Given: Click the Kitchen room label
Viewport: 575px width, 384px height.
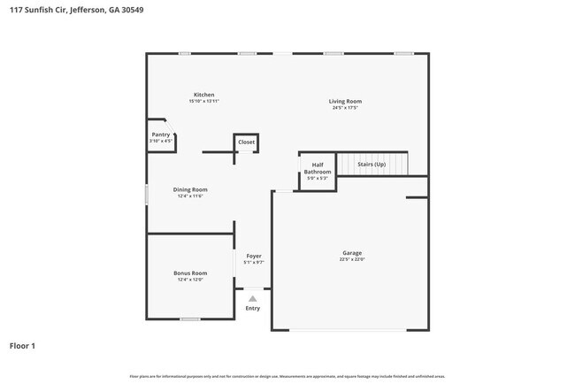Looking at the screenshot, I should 204,95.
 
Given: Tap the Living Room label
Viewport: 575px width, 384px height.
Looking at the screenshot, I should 347,101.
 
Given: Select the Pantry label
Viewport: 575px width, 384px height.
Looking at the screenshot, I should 160,134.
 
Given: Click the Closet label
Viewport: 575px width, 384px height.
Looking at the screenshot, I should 246,142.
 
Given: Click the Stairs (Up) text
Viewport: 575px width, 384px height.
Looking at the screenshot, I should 371,165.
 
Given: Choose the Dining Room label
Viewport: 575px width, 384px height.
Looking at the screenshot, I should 190,189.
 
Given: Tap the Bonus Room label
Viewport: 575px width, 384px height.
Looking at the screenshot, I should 190,273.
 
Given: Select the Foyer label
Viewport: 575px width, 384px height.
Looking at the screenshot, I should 254,256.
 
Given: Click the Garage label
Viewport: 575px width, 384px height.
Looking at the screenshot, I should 351,253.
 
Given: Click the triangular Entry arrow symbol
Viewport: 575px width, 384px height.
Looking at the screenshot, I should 253,298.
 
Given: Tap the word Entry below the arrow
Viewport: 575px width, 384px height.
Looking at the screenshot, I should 253,308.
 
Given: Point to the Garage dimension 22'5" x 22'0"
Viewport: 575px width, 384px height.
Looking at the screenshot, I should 351,260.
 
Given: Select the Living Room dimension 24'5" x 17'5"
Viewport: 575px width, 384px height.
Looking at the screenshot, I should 347,108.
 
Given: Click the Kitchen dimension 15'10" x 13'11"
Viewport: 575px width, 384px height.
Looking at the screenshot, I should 204,102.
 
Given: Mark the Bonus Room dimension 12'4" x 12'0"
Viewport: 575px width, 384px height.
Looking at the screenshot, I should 190,280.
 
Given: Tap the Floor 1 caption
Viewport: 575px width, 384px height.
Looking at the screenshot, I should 23,346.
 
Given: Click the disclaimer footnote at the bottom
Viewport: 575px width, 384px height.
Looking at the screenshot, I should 287,376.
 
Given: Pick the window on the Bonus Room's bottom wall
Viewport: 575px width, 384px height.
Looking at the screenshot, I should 189,319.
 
